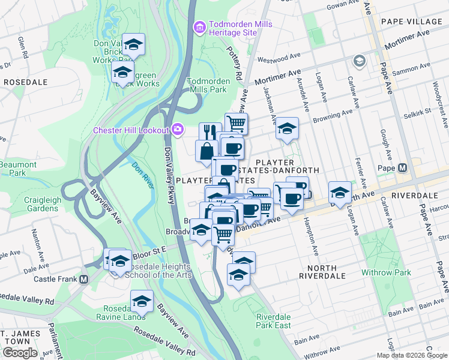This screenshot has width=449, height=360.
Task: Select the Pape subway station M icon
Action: click(402, 168)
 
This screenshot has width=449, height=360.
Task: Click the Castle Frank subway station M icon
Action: click(83, 279)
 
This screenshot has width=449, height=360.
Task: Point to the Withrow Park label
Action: click(386, 272)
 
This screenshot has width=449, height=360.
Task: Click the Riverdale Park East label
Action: click(274, 321)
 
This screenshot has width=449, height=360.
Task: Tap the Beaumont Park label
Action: click(14, 168)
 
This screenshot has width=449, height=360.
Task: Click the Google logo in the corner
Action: click(19, 353)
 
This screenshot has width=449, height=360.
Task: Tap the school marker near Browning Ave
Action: click(288, 128)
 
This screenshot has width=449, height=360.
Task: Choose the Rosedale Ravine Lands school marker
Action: click(142, 301)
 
